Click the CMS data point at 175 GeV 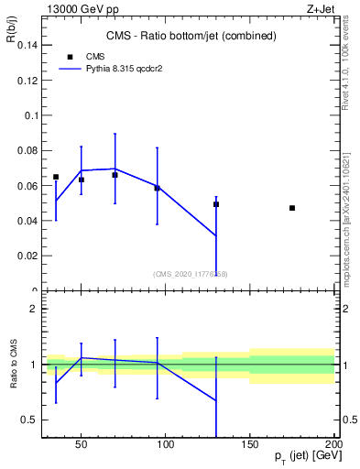(292, 208)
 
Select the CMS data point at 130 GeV (216, 204)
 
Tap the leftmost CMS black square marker (56, 177)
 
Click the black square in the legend (70, 56)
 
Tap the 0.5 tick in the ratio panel (27, 420)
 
